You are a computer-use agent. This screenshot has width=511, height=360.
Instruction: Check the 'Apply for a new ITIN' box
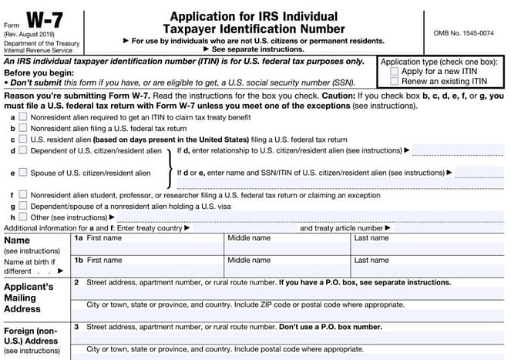[395, 70]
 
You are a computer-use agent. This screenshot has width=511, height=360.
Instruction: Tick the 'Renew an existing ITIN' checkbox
[395, 80]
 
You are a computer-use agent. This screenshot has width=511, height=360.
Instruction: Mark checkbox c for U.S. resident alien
[23, 140]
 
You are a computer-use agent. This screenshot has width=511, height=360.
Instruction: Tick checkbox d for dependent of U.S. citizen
[23, 151]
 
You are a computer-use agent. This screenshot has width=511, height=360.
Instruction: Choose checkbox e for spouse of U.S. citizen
[23, 173]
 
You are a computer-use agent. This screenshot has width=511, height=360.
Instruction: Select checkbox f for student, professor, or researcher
[23, 195]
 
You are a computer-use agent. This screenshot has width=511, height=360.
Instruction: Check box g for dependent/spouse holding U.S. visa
[23, 206]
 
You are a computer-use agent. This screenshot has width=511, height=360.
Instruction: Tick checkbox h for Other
[23, 217]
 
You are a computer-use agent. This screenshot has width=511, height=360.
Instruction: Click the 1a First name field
[146, 249]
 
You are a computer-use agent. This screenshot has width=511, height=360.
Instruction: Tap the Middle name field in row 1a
[285, 249]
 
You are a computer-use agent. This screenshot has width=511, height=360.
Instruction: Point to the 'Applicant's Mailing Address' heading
[30, 298]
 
